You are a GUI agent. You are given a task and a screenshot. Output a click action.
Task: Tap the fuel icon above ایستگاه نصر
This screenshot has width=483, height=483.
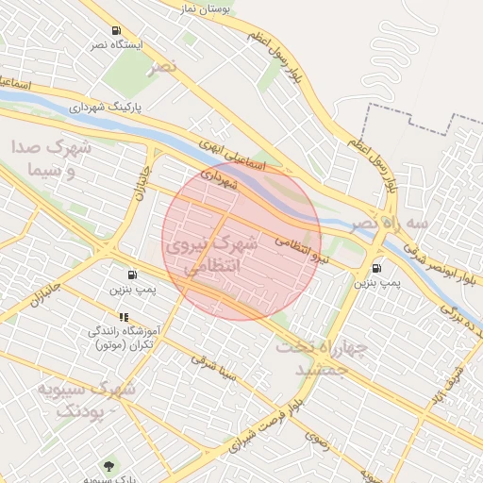pyautogui.click(x=116, y=30)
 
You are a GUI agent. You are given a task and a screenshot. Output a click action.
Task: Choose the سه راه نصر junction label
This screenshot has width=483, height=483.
pyautogui.click(x=389, y=224)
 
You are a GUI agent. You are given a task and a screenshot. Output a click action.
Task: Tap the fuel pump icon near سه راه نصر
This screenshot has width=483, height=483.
pyautogui.click(x=379, y=267)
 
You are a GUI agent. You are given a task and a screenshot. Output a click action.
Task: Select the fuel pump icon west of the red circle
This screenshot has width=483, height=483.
pyautogui.click(x=143, y=275)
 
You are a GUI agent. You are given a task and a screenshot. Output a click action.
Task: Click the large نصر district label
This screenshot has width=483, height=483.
pyautogui.click(x=161, y=67)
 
